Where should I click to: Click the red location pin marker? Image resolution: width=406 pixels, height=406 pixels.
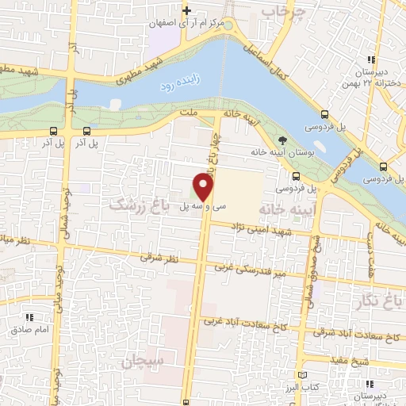204,187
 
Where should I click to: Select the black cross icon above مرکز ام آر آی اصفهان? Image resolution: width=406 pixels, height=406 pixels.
186,10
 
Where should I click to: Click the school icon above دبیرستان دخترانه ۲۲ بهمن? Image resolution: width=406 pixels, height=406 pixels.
371,59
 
